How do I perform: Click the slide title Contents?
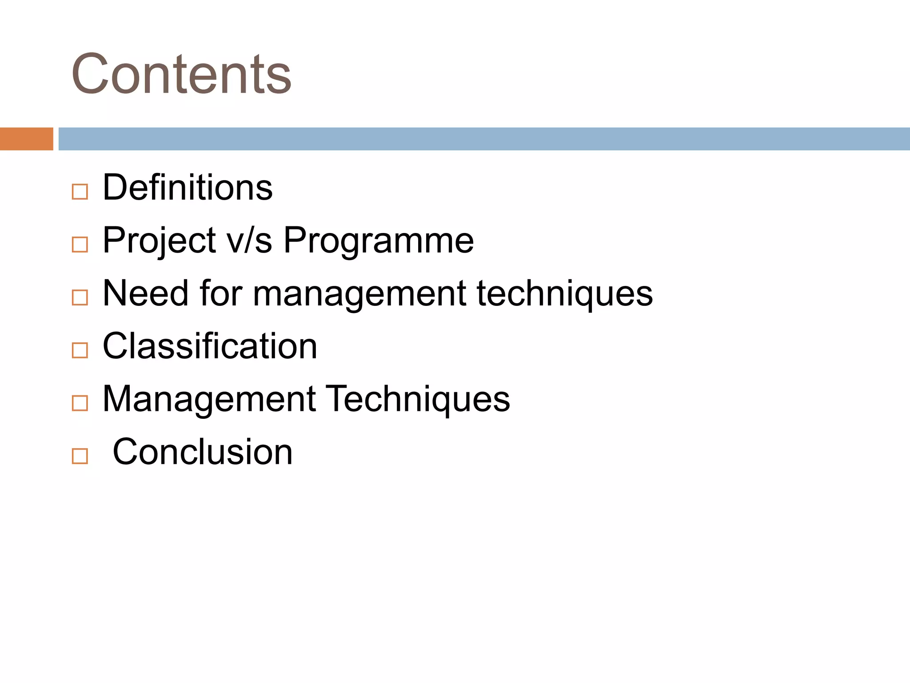[181, 74]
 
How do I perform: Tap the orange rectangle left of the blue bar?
[26, 139]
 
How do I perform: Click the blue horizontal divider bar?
[484, 139]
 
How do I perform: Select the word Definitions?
[188, 188]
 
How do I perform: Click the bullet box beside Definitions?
[80, 192]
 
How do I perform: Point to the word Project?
[160, 241]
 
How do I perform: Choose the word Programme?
[379, 241]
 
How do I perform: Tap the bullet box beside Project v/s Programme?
[80, 245]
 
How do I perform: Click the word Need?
[146, 293]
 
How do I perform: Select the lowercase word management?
[359, 293]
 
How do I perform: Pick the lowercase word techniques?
[565, 293]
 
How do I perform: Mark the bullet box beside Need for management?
[80, 297]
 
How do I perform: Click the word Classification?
[210, 346]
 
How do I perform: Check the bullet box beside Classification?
[80, 350]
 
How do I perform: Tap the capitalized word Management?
[209, 399]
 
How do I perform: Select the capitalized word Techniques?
[418, 399]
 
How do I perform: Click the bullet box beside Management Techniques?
[80, 403]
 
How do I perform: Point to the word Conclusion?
[203, 452]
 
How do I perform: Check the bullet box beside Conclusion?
[80, 456]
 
